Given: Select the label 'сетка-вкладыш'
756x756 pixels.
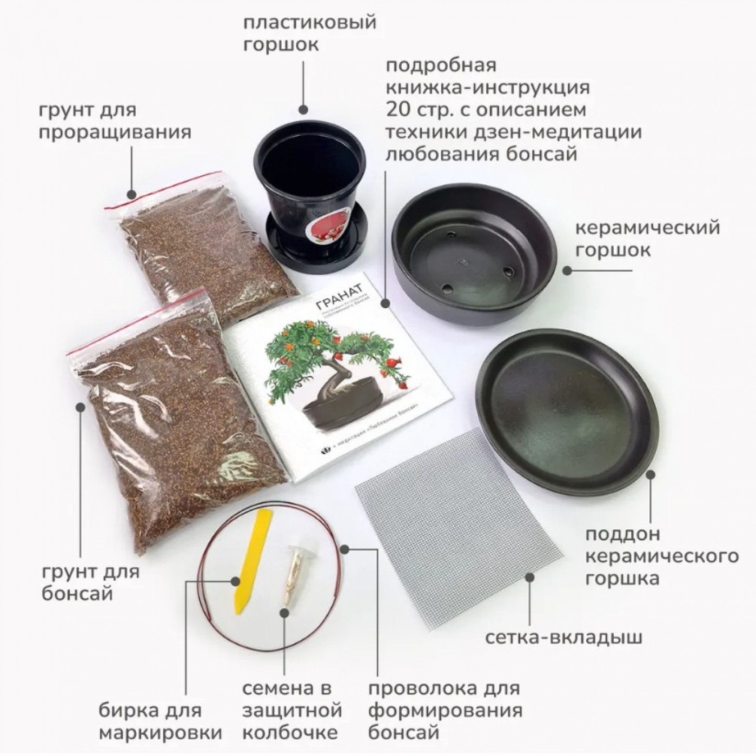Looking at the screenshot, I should pos(563,638).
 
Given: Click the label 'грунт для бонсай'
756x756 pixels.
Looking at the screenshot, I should pos(90,582).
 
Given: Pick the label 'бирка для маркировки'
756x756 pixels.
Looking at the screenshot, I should pos(161,721).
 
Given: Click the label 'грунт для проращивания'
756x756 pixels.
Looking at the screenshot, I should pos(114,121).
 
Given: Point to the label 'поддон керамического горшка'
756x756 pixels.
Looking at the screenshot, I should pos(662,556).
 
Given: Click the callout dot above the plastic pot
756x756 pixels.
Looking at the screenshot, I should pos(304,108).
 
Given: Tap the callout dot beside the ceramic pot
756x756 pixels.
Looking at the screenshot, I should pos(567,269).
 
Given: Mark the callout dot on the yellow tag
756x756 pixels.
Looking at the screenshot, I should pos(235,582).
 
